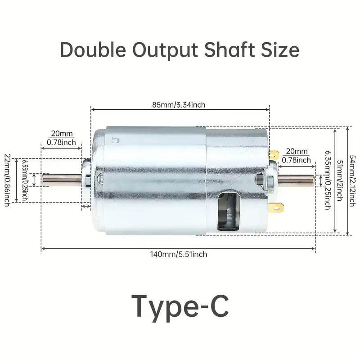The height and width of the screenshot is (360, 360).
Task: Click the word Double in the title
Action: click(x=93, y=49)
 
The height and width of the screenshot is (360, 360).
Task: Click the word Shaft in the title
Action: click(x=229, y=49)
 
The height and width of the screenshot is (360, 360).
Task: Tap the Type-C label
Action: click(x=180, y=306)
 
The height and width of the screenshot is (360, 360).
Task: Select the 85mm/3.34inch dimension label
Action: click(x=179, y=105)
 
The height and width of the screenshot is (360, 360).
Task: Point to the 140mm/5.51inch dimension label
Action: click(x=179, y=254)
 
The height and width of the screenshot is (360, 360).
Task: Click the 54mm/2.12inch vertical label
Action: click(x=352, y=181)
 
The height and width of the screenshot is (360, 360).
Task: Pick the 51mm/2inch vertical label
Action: click(x=340, y=180)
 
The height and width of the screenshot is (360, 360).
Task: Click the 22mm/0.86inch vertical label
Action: click(x=7, y=180)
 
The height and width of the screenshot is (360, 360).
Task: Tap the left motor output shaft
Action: click(x=62, y=180)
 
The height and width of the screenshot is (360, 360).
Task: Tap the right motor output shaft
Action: click(x=296, y=180)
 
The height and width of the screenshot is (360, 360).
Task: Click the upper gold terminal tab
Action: click(x=274, y=154)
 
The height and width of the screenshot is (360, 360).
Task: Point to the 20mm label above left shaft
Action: click(x=62, y=133)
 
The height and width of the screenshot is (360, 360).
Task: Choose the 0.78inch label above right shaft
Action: click(x=296, y=160)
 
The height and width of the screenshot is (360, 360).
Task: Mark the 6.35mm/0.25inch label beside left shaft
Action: click(x=25, y=180)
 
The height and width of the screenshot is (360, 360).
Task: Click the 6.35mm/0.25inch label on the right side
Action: click(x=328, y=180)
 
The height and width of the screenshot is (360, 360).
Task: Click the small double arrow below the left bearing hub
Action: click(x=86, y=207)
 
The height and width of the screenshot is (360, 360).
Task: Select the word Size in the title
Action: click(x=280, y=49)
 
